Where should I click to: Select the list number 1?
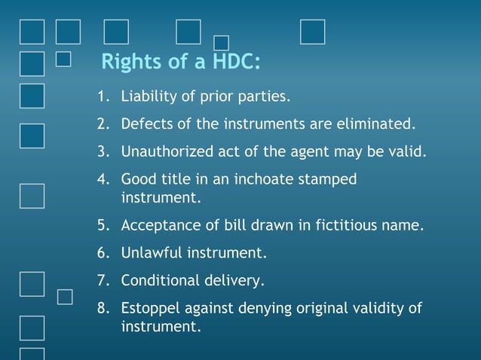click(102, 97)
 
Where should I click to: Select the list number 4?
click(102, 180)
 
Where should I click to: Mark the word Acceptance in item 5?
click(157, 225)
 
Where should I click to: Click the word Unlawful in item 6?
click(149, 253)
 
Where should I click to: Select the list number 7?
click(102, 281)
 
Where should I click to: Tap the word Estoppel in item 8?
click(149, 308)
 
